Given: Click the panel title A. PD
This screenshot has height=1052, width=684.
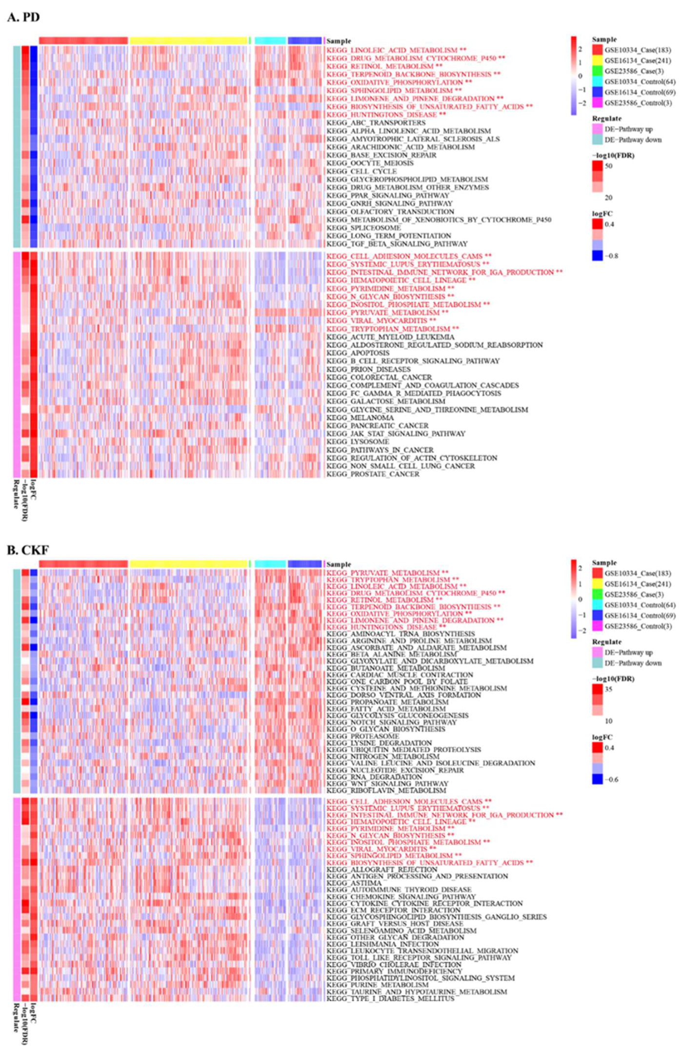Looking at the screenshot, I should tap(23, 17).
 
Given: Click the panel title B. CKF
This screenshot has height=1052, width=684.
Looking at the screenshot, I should tap(28, 550).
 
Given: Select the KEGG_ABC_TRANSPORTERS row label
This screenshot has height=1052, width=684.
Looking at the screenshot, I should tap(376, 122).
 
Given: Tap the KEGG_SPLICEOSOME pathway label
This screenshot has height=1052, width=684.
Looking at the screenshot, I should tap(363, 228).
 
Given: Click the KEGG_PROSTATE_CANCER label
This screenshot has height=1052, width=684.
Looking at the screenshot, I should tap(373, 474).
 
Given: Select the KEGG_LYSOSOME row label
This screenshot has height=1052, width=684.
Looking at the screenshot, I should tap(358, 442).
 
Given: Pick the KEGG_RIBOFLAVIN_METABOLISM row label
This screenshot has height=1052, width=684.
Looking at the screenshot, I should tap(386, 790).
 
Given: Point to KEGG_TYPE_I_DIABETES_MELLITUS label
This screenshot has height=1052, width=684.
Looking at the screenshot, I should tap(390, 998).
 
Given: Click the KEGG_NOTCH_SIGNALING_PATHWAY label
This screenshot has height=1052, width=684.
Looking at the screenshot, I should tap(391, 722).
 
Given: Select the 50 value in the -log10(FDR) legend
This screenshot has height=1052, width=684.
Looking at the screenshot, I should tap(608, 166).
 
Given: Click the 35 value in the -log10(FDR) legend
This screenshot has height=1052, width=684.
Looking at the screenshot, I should tap(608, 689).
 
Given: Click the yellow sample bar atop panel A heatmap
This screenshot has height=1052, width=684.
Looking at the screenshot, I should tap(188, 40).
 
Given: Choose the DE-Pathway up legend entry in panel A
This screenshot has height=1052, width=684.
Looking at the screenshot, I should tap(628, 129).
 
